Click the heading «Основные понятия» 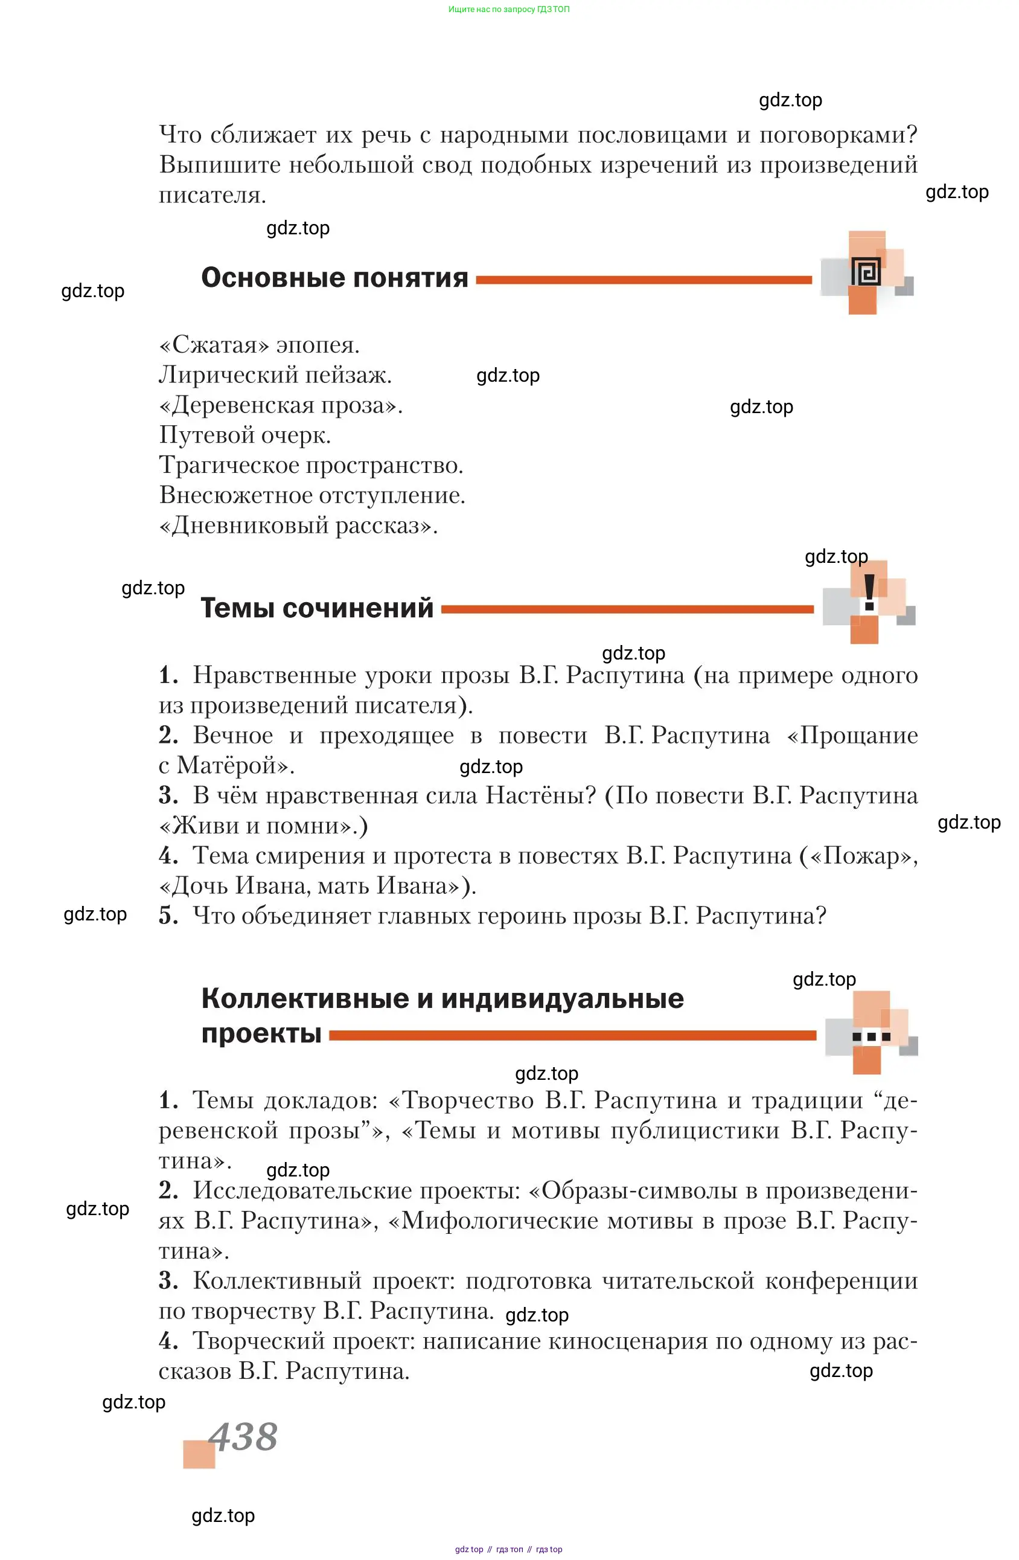coord(334,278)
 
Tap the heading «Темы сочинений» coord(316,608)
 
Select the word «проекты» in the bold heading coord(261,1035)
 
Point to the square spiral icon coord(866,271)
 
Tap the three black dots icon coord(871,1037)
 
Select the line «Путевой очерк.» coord(244,435)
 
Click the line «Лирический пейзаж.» coord(275,375)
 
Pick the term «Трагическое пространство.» coord(311,466)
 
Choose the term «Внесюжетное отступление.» coord(312,495)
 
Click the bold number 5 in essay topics coord(168,916)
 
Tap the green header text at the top coord(508,9)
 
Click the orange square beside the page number coord(199,1454)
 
